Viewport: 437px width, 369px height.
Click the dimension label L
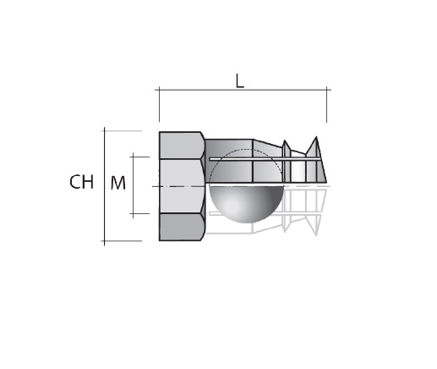(x=239, y=81)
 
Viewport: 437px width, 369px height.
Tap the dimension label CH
(x=82, y=182)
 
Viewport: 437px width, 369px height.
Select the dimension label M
(x=117, y=183)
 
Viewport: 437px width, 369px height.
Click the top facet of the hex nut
(x=182, y=146)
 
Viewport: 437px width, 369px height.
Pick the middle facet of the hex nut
(x=182, y=186)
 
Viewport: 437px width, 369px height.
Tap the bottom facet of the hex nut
(x=182, y=227)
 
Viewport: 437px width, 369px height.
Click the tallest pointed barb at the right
(x=316, y=159)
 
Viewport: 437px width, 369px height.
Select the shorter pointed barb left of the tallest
(x=286, y=161)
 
